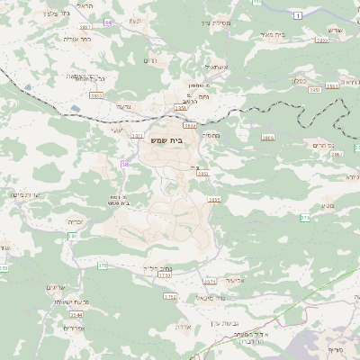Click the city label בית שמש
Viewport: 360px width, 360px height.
[182, 140]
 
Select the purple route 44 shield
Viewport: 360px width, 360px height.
[109, 22]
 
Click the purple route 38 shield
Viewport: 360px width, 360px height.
[125, 164]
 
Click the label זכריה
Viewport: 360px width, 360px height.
[76, 220]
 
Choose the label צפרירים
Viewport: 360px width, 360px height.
[56, 328]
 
